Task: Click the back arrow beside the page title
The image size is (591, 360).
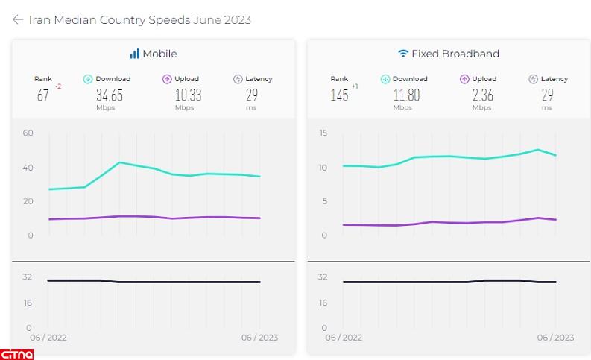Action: click(18, 20)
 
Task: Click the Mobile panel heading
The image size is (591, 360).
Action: click(160, 54)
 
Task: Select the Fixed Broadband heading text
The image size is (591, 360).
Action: click(456, 54)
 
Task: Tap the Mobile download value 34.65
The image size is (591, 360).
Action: click(110, 95)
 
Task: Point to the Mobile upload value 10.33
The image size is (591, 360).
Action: click(187, 95)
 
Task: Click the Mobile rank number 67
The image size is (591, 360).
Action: click(43, 95)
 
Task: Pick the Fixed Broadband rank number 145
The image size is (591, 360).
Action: click(339, 95)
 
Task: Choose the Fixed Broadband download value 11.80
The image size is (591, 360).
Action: click(406, 95)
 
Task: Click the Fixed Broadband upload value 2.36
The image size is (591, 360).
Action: click(482, 95)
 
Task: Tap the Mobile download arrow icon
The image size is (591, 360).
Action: click(87, 79)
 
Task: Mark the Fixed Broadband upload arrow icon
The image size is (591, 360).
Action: click(464, 79)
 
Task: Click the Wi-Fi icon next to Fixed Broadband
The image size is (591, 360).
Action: click(403, 54)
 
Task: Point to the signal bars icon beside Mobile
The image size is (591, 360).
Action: click(135, 54)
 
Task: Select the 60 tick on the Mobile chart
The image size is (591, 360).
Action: click(28, 133)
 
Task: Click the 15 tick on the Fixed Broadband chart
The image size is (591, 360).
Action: click(323, 133)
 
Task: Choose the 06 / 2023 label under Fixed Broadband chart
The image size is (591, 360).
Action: click(556, 338)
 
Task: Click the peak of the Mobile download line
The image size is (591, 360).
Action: click(119, 162)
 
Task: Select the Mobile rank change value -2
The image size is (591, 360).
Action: click(58, 86)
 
